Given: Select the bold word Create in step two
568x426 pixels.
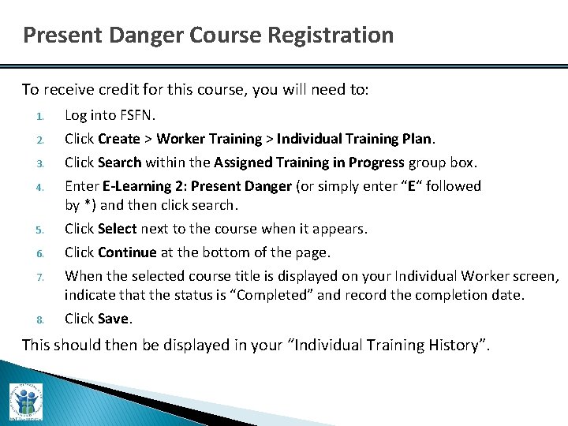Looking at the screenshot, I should coord(118,139).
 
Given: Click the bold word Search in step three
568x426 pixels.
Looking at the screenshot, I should coord(120,163).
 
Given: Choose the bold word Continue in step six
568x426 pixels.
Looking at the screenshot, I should coord(127,252).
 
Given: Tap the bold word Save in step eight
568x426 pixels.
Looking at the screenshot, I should coord(114,319).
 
